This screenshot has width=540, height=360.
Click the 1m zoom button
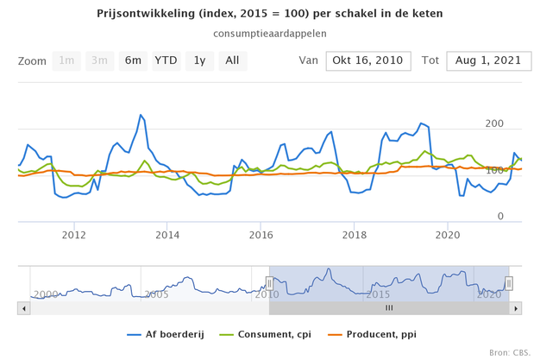(66, 60)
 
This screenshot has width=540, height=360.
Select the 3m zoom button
(99, 60)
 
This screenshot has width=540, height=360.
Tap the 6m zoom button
(133, 60)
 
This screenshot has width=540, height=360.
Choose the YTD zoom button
(166, 60)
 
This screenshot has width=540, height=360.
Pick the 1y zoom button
(199, 60)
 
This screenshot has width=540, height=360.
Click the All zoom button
(232, 60)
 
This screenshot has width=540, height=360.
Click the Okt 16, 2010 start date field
(368, 60)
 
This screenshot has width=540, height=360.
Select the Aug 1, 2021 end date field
(488, 60)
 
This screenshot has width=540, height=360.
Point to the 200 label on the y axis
(494, 124)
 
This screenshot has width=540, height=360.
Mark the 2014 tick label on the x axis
(167, 234)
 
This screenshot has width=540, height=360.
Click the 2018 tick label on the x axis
(354, 234)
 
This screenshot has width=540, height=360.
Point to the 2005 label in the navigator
(156, 294)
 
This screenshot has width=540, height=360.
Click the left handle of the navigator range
(269, 282)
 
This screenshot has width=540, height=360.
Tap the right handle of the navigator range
(509, 282)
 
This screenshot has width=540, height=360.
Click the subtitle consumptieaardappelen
(270, 34)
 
